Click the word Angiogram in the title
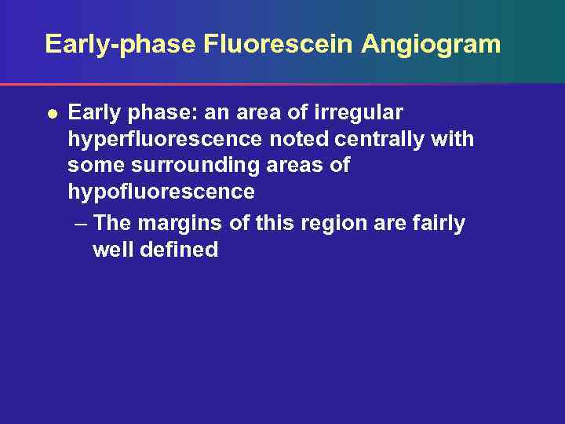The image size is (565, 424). (x=431, y=44)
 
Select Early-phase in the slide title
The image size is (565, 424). (x=120, y=44)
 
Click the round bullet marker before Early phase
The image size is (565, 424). (x=51, y=113)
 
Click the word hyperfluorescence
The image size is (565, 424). (x=165, y=140)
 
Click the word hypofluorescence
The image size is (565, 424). (x=161, y=192)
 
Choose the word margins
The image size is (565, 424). (x=183, y=224)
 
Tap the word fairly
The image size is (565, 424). (x=439, y=224)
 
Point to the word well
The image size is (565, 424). (x=114, y=250)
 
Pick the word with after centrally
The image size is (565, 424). (x=453, y=140)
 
